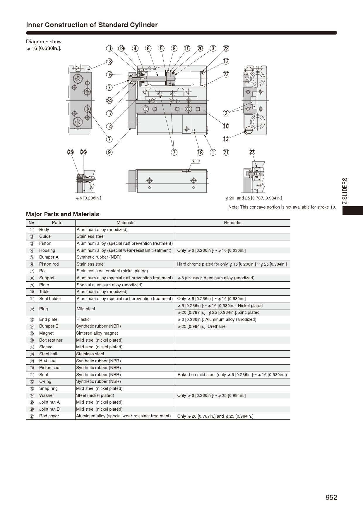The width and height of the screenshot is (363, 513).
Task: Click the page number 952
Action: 331,497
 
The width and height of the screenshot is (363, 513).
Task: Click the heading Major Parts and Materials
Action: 63,214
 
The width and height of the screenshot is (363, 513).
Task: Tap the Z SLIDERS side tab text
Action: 345,191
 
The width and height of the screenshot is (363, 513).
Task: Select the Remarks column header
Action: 232,223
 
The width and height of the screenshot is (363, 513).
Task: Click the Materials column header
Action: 125,223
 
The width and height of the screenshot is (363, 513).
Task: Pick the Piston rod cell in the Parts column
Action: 49,264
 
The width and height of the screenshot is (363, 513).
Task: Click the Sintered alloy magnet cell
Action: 97,333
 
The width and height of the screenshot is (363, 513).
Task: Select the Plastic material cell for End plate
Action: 83,319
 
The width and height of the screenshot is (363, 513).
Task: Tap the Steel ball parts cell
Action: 48,354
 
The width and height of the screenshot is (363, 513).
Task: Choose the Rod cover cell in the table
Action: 49,416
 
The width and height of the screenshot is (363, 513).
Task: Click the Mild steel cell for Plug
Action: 86,309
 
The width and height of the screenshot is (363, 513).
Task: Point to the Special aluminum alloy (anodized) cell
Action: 109,285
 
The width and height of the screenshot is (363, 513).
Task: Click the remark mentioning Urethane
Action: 202,326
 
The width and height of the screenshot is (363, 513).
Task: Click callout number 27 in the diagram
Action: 252,152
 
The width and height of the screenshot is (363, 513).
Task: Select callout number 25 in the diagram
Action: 71,152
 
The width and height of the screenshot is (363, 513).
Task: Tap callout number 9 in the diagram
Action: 109,152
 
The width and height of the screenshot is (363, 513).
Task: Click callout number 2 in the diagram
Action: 226,113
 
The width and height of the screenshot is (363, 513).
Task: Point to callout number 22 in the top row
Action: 226,49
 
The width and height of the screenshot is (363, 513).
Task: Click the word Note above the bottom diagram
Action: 196,161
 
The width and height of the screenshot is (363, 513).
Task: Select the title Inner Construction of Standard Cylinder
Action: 92,25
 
